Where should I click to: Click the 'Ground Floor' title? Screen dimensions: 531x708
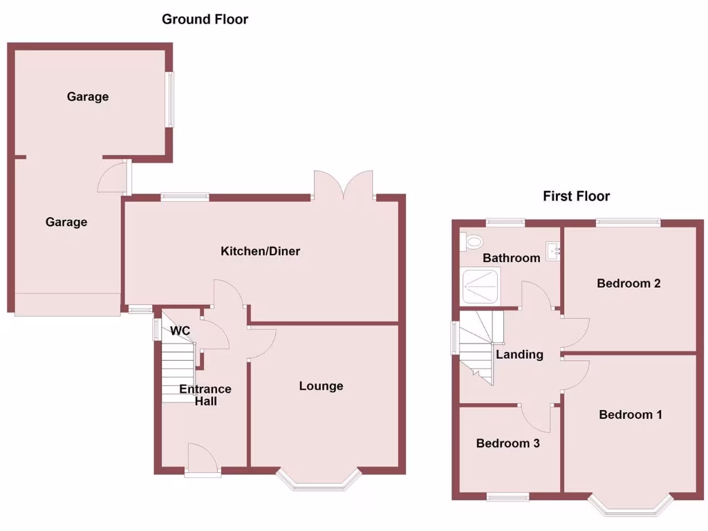coord(205,19)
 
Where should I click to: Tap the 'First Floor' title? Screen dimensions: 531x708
coord(576,196)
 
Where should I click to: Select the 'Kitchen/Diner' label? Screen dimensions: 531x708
coord(260,251)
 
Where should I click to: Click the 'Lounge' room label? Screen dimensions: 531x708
coord(321,386)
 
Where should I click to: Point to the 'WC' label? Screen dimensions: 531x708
coord(180,331)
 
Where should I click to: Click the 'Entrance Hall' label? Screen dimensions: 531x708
coord(205,395)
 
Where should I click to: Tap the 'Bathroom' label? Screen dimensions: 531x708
coord(511,258)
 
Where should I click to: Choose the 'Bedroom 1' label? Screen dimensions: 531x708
coord(631,415)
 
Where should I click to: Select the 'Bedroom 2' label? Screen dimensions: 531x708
coord(628,283)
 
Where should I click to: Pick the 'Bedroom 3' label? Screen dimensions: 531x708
coord(507,443)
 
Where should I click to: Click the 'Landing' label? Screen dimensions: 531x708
coord(519,355)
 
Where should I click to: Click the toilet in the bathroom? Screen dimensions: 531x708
coord(473,241)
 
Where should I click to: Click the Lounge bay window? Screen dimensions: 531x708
coord(319,482)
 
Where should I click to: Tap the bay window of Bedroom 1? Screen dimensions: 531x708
coord(631,507)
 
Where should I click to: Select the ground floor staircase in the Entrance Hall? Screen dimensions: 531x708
coord(176,373)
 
